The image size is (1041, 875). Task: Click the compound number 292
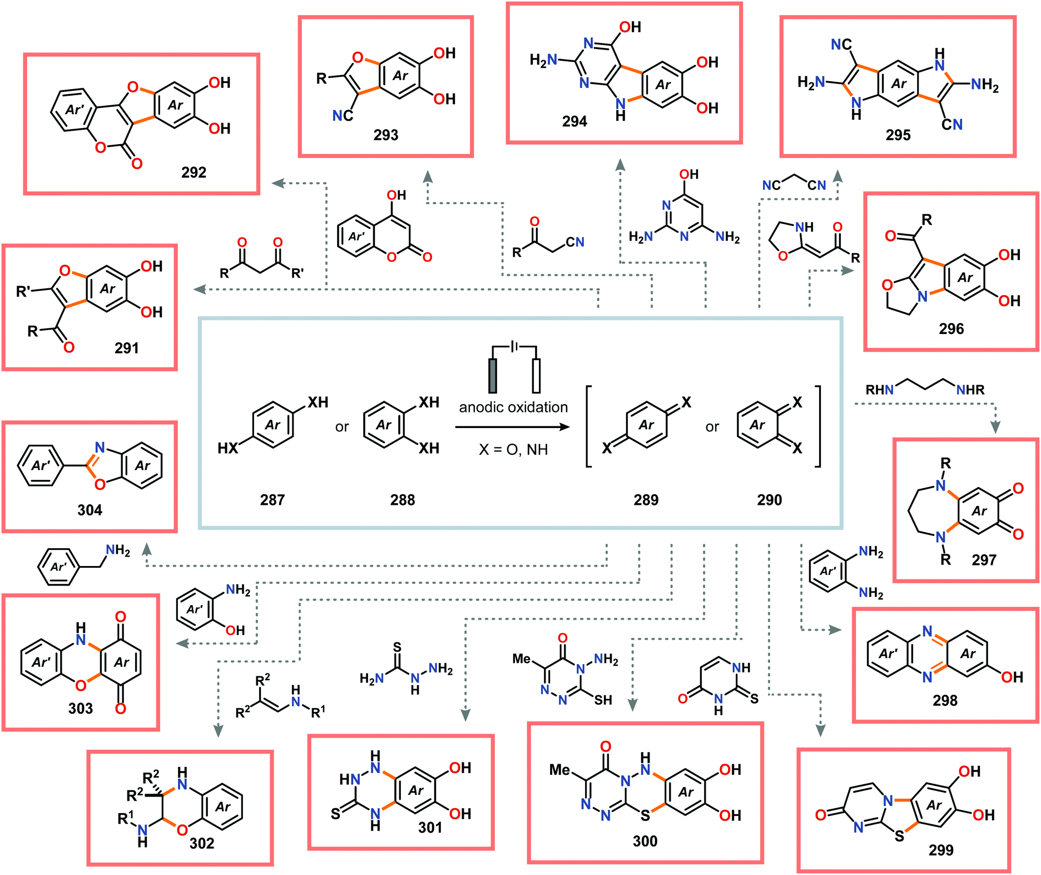pos(194,173)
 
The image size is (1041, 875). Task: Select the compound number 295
pos(898,135)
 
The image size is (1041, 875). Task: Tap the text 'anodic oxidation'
pos(513,407)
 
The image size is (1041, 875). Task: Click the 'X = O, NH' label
pos(513,449)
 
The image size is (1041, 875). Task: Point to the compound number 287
pos(272,500)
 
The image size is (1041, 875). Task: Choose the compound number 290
pos(769,500)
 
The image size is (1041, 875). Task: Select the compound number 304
pos(90,510)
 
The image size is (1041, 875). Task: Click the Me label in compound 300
pos(559,770)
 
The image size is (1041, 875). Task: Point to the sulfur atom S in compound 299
pos(899,835)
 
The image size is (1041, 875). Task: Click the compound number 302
pos(201,843)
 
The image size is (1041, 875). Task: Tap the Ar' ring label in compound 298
pos(888,653)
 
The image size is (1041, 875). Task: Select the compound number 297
pos(984,560)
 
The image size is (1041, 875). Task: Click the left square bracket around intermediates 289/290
pos(589,426)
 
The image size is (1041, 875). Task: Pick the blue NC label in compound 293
pos(343,115)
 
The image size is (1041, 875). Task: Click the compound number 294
pos(574,121)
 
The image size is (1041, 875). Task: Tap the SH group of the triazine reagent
pos(603,700)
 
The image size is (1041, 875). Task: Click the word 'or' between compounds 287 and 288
pos(341,427)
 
